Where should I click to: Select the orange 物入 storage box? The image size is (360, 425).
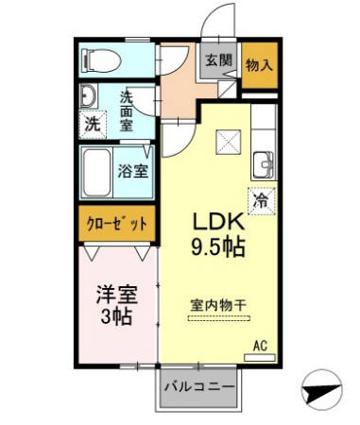click(x=260, y=64)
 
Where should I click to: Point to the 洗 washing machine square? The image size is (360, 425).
click(x=92, y=123)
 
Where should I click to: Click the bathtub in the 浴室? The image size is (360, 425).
click(x=96, y=171)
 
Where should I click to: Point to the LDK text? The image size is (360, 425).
click(x=220, y=222)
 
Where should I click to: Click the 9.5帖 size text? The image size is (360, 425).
click(x=220, y=248)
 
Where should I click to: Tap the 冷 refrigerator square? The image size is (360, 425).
click(x=263, y=200)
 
